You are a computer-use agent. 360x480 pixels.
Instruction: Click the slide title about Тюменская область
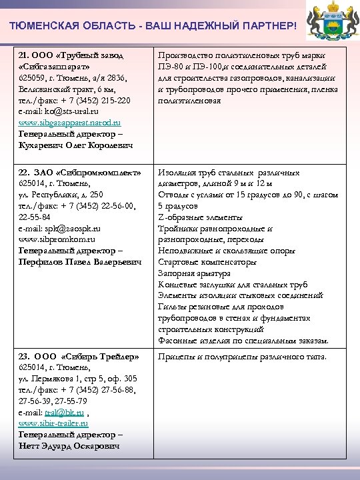pos(153,25)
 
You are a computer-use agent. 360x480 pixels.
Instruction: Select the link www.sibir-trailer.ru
pos(53,423)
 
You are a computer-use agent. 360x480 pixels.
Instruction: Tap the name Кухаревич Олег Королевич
pos(76,145)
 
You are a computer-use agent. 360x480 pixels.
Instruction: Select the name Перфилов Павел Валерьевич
pos(80,262)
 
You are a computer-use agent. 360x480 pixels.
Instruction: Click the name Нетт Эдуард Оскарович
pos(69,445)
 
